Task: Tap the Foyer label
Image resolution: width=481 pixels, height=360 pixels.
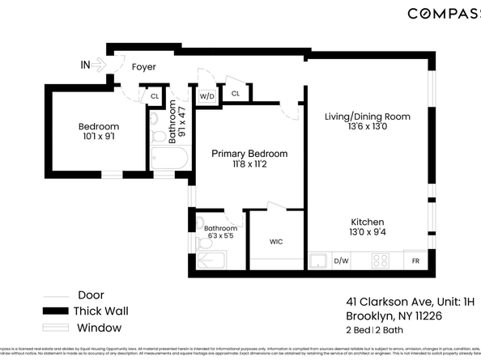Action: point(143,67)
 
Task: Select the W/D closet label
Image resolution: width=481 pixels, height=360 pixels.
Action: point(206,96)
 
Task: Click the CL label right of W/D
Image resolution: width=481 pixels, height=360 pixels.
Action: point(236,94)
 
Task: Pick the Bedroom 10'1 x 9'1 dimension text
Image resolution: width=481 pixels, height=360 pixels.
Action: point(99,138)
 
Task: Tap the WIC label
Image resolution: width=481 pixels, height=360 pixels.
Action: point(276,241)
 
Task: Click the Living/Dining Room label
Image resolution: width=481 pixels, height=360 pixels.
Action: point(367,116)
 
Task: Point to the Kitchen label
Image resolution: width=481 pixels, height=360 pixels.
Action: point(367,222)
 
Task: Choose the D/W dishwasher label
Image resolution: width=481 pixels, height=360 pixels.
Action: point(341,261)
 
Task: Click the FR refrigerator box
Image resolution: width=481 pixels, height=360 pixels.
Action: point(415,261)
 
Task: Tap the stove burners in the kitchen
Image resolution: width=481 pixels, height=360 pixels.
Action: point(380,261)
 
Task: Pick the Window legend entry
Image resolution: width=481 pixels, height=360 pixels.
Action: point(99,328)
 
